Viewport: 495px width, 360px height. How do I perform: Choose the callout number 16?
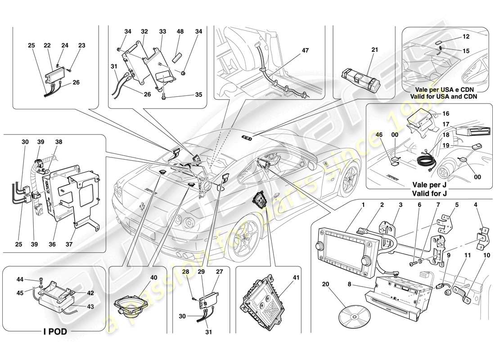(459, 114)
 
